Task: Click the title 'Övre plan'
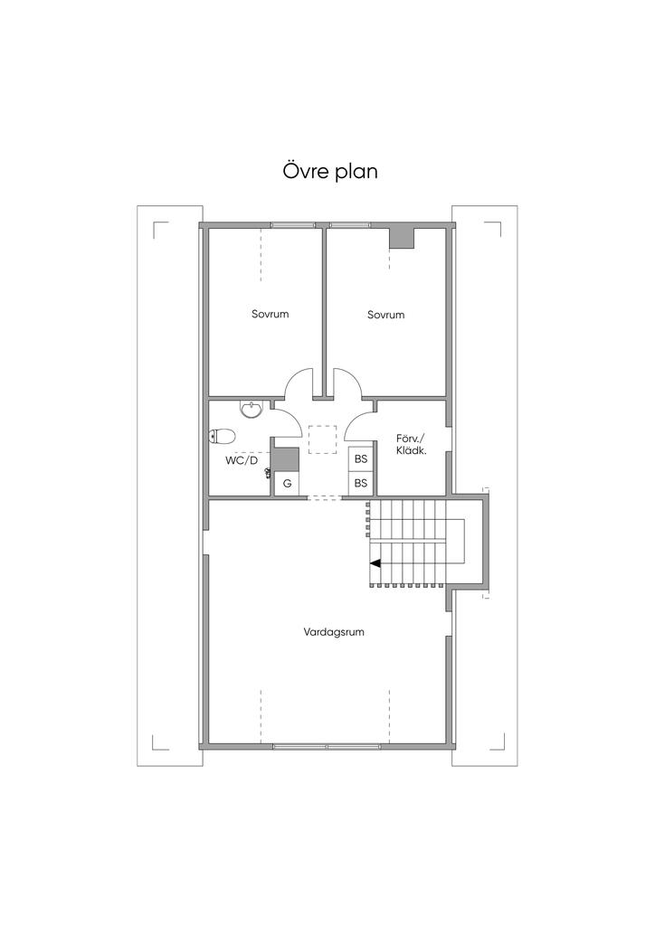click(327, 171)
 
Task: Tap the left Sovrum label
click(270, 315)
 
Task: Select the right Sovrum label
click(385, 315)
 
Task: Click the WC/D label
click(242, 460)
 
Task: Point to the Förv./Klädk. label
click(411, 444)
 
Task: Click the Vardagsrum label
click(334, 632)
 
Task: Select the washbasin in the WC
click(252, 411)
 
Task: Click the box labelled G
click(287, 484)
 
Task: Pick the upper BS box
click(361, 459)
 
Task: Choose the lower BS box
click(361, 483)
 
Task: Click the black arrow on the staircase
click(375, 562)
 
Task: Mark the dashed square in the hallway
click(321, 439)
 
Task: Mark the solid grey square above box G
click(287, 459)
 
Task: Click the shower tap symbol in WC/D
click(269, 472)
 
